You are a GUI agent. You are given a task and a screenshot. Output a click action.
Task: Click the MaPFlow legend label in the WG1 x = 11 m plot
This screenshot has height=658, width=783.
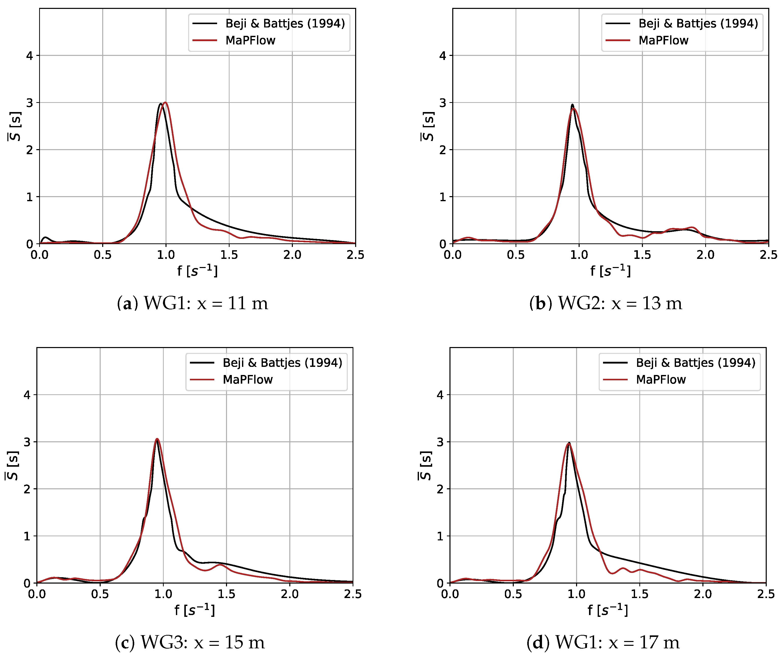pyautogui.click(x=250, y=40)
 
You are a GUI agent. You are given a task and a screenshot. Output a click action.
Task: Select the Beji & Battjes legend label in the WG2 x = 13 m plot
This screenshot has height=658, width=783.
pyautogui.click(x=698, y=23)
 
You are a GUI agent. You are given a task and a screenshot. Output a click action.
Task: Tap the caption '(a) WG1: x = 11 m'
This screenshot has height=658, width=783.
pyautogui.click(x=193, y=303)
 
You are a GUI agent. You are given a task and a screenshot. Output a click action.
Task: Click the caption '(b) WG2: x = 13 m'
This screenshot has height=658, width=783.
pyautogui.click(x=606, y=303)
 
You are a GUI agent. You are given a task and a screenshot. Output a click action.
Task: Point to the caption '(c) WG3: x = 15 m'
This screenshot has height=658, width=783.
pyautogui.click(x=190, y=642)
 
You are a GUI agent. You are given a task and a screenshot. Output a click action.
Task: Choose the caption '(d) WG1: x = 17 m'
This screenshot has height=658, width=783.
pyautogui.click(x=603, y=642)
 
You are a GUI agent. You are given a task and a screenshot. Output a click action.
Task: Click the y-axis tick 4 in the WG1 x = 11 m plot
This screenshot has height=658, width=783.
pyautogui.click(x=29, y=56)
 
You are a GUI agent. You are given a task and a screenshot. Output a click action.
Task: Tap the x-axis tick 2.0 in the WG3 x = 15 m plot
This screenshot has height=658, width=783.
pyautogui.click(x=290, y=594)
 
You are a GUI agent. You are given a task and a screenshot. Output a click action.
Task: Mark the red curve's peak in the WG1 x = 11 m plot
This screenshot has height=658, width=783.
pyautogui.click(x=165, y=103)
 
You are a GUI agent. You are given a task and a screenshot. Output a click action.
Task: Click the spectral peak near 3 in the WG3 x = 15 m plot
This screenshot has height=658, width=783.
pyautogui.click(x=157, y=439)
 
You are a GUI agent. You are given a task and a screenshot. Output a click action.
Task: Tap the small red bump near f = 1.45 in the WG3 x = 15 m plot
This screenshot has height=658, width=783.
pyautogui.click(x=220, y=565)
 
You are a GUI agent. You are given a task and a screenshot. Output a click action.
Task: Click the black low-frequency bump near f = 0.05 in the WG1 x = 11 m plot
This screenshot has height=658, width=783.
pyautogui.click(x=46, y=237)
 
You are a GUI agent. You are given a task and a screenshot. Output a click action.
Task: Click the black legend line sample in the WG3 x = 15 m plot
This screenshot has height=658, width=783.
pyautogui.click(x=202, y=363)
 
